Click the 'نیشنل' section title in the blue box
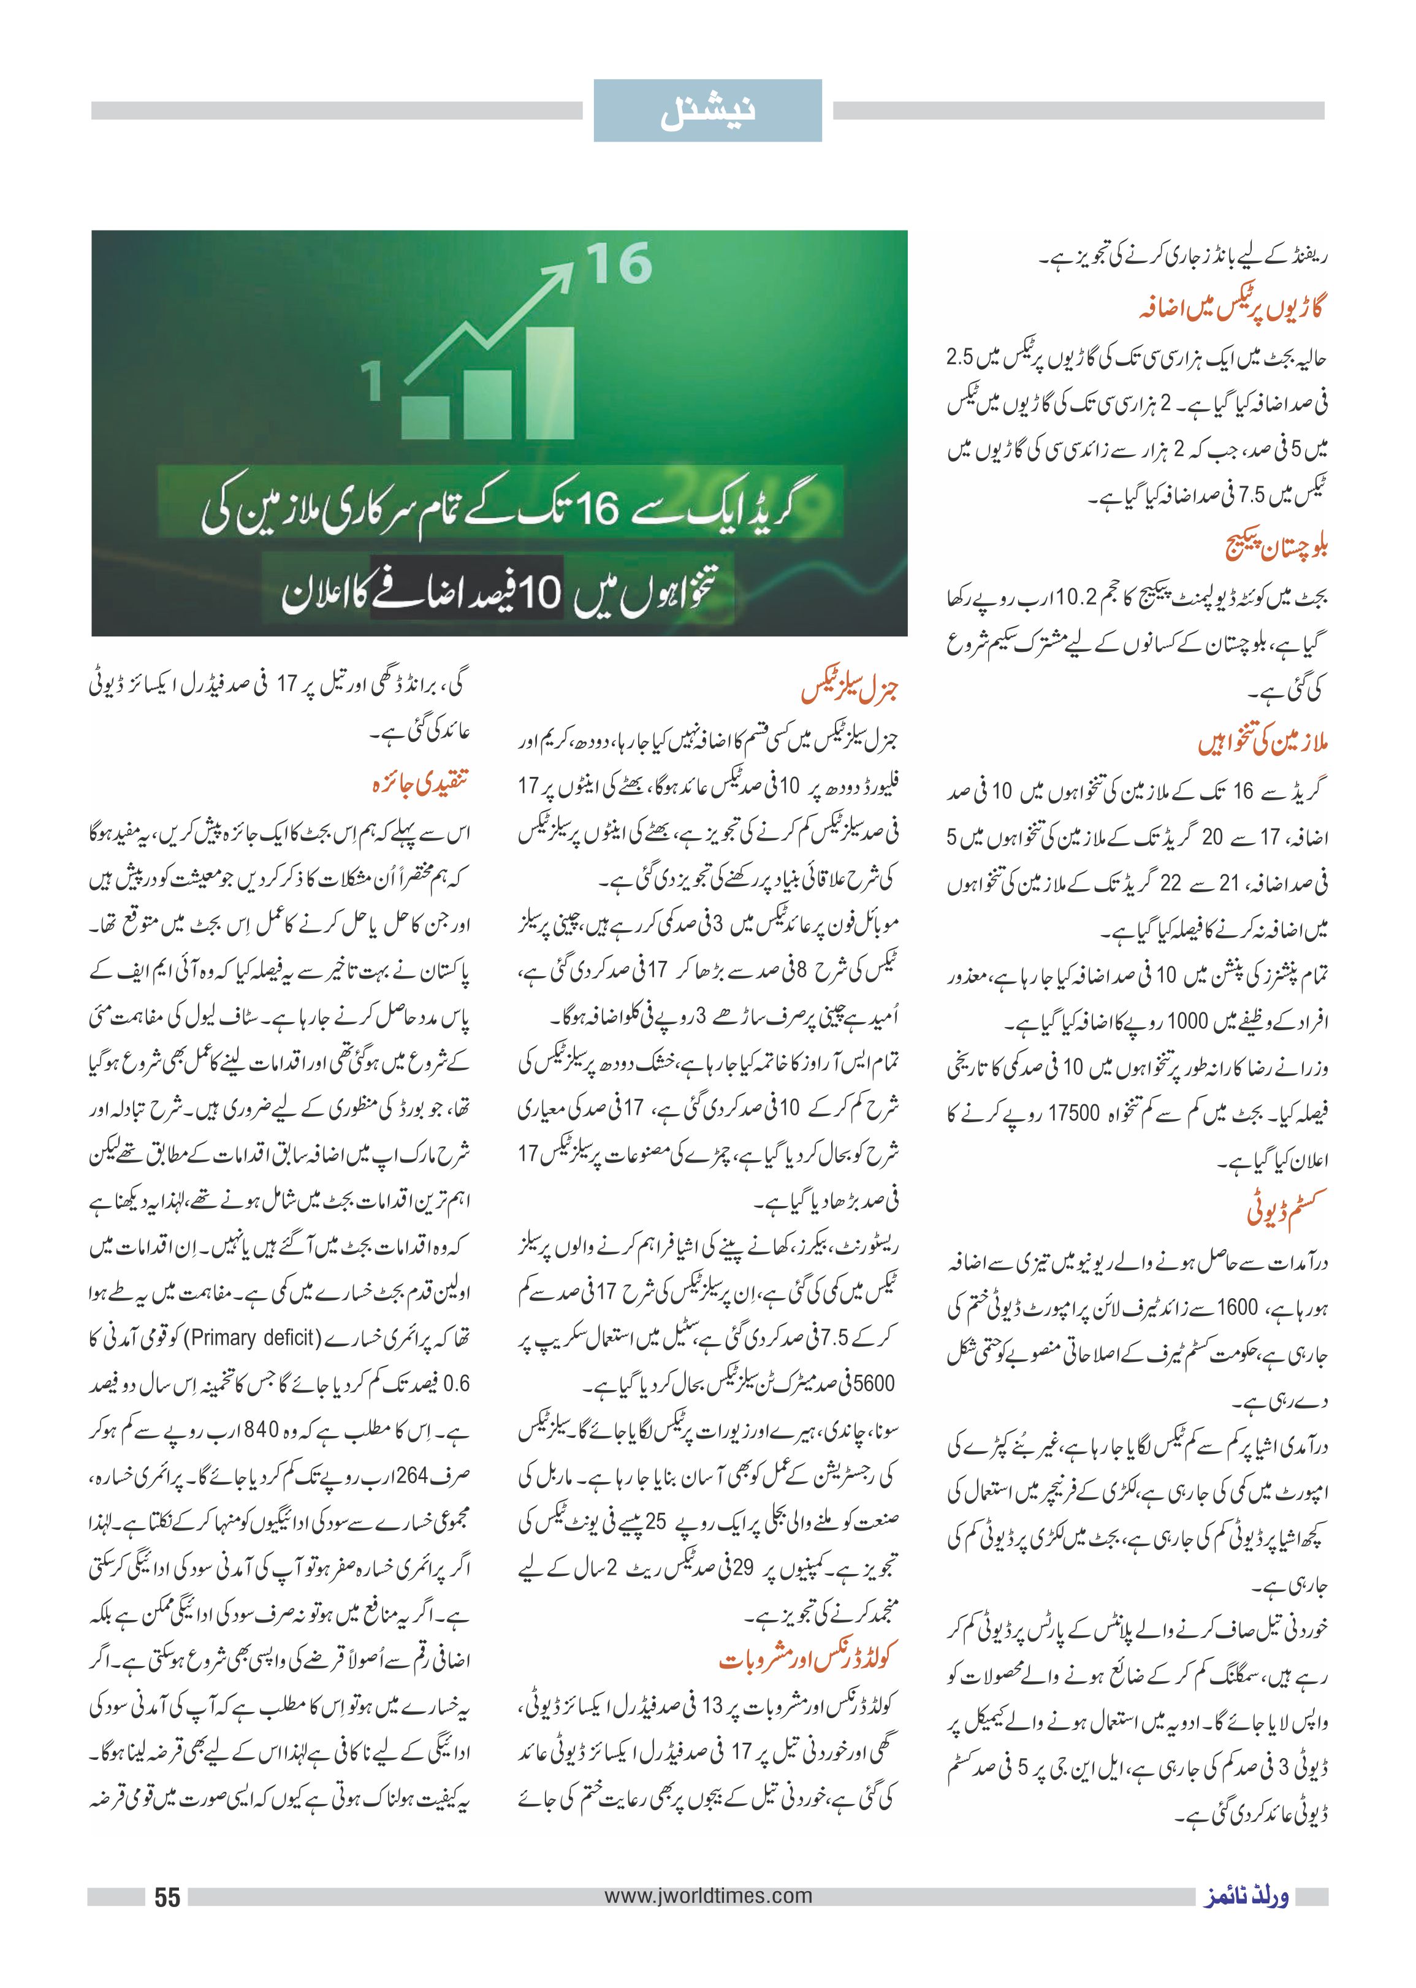point(707,111)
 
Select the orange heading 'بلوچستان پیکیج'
point(1276,547)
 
